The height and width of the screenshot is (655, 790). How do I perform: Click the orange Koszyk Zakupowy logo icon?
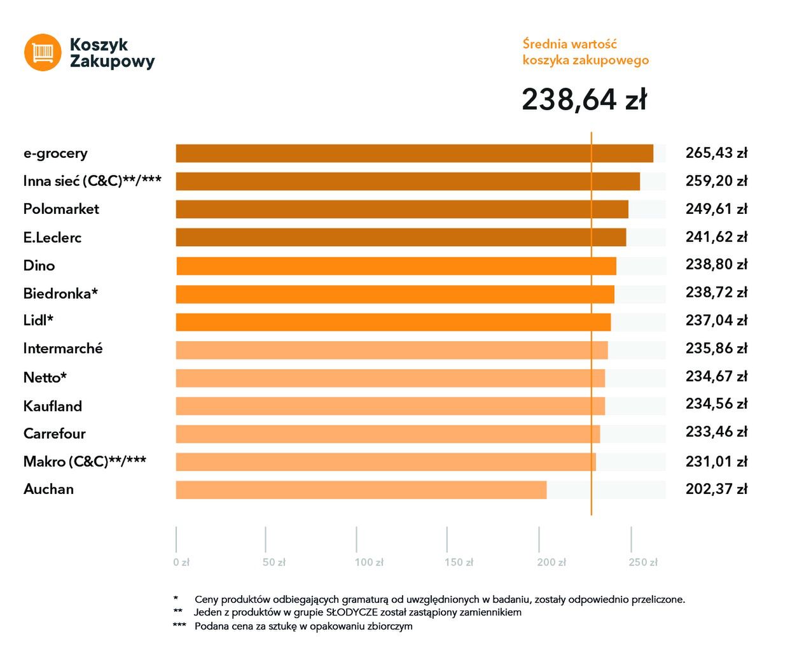tap(43, 52)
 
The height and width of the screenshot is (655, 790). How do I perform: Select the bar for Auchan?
tap(361, 490)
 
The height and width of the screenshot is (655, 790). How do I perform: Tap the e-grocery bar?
tap(414, 153)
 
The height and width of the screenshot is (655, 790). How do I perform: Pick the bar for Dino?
tap(396, 266)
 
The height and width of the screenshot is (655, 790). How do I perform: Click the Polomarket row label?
tap(61, 209)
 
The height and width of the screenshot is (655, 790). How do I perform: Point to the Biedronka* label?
tap(60, 294)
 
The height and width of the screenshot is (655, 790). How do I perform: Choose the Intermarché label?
tap(63, 349)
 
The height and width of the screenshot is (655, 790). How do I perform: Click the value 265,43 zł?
tap(716, 153)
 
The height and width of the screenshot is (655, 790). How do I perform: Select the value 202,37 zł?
tap(716, 489)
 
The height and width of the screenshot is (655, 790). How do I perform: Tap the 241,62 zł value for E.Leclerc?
tap(716, 237)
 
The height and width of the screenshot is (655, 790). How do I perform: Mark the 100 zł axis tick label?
tap(369, 563)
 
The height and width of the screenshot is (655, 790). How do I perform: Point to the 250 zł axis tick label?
tap(643, 563)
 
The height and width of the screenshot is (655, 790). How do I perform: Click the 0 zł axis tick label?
tap(181, 563)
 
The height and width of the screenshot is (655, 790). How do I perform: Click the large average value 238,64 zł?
tap(584, 100)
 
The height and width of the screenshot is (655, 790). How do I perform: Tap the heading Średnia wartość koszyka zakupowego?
tap(585, 52)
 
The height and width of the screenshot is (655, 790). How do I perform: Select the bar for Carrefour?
tap(387, 434)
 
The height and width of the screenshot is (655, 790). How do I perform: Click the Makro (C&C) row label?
tap(85, 462)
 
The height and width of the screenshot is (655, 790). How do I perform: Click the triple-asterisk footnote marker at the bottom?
tap(179, 626)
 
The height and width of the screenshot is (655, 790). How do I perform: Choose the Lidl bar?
tap(393, 322)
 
